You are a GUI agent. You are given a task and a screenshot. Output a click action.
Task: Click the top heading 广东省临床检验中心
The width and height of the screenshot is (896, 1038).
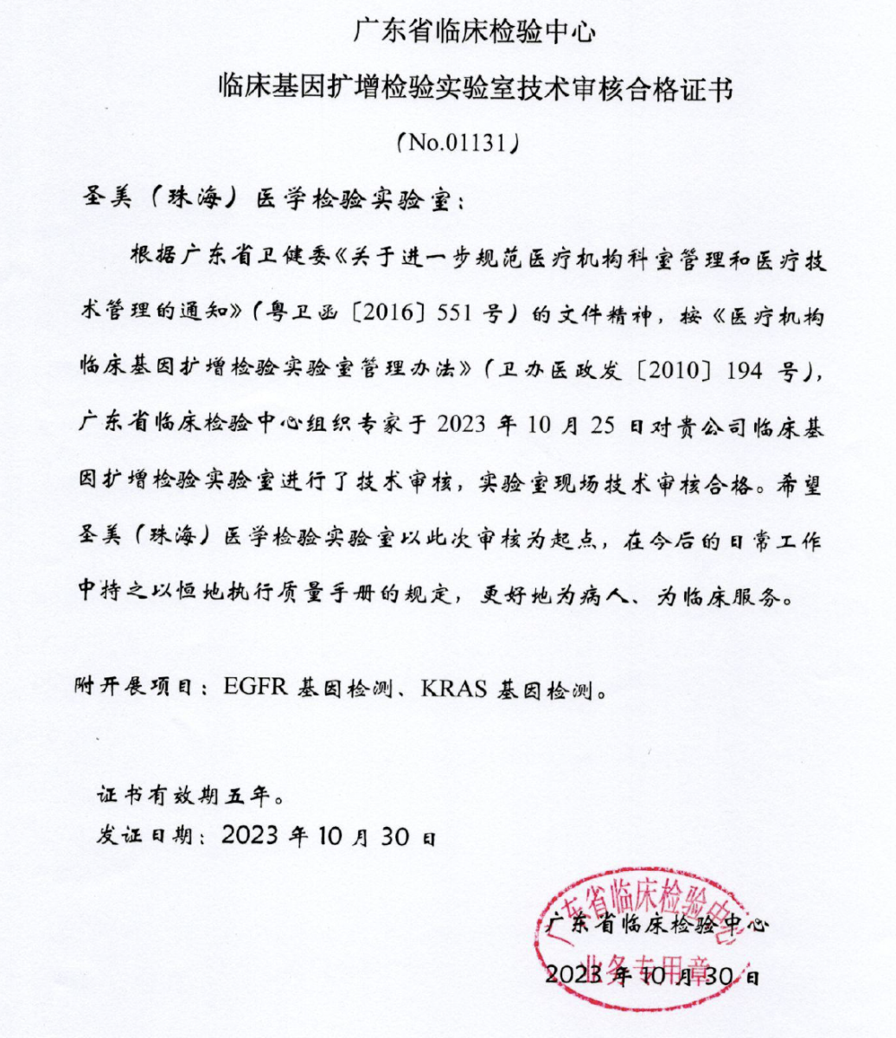pyautogui.click(x=474, y=32)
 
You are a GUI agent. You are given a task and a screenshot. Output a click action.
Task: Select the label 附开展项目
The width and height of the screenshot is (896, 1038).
pyautogui.click(x=137, y=690)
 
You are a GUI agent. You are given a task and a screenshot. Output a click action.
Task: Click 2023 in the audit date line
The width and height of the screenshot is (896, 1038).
pyautogui.click(x=469, y=427)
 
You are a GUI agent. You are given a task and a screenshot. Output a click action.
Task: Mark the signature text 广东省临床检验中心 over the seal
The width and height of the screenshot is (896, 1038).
pyautogui.click(x=657, y=925)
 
